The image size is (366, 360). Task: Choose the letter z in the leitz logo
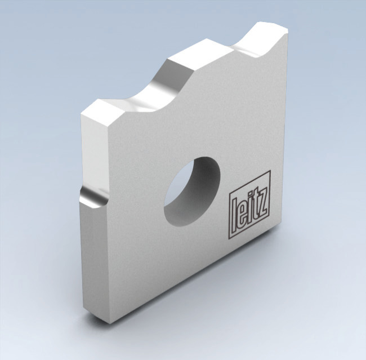point(262,197)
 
